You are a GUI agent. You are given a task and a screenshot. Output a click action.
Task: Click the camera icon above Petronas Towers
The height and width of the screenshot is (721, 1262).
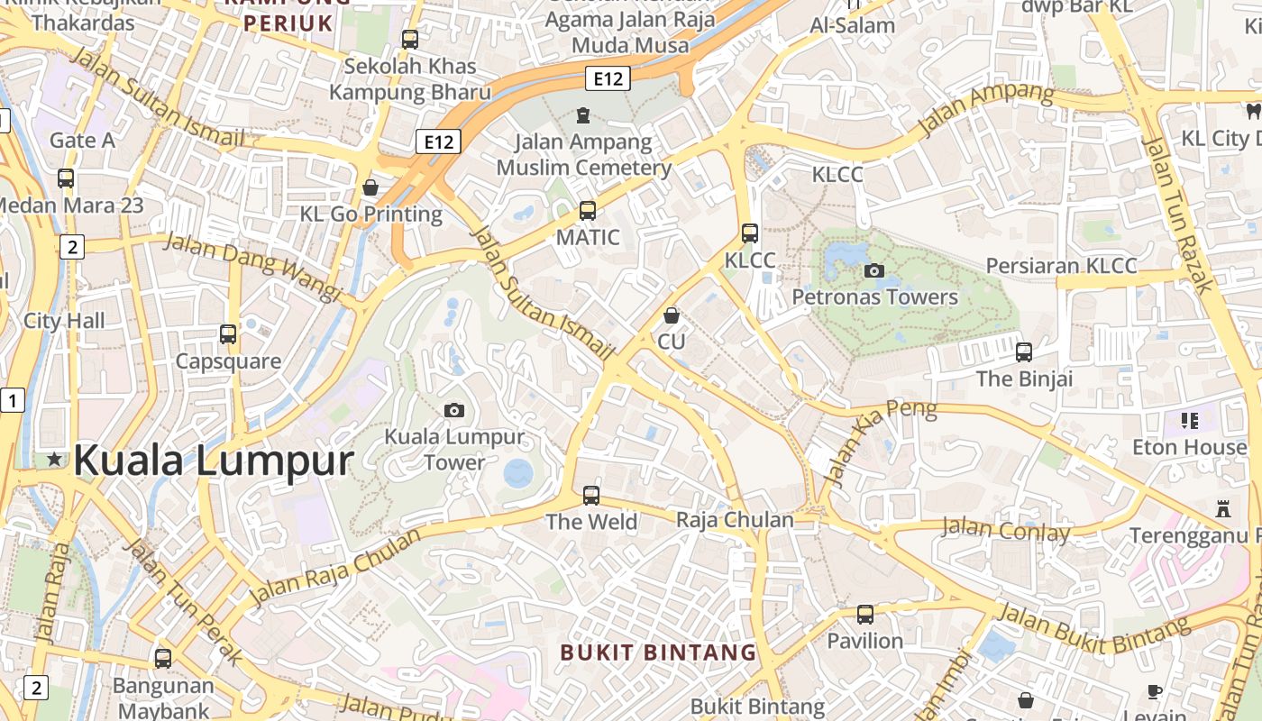[x=873, y=269]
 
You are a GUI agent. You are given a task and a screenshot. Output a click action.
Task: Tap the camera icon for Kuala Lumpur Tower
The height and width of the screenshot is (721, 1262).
[x=454, y=410]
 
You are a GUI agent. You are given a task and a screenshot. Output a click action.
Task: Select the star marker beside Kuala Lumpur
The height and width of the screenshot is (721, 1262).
[x=55, y=459]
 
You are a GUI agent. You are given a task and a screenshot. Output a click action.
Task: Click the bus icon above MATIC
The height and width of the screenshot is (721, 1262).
[x=588, y=211]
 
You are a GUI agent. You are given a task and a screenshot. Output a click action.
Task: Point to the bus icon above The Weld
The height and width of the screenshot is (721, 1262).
[x=591, y=495]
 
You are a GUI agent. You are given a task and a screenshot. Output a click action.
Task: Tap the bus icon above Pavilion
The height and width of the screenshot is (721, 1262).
[x=865, y=615]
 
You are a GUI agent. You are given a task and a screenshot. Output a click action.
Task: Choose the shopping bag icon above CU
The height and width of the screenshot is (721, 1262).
[x=671, y=315]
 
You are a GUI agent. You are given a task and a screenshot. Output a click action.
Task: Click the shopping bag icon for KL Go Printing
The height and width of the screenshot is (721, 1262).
[x=370, y=187]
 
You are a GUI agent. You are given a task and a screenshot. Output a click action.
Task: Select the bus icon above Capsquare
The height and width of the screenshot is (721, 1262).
[x=228, y=334]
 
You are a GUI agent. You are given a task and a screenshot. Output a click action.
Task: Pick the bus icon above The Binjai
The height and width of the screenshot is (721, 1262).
[x=1024, y=351]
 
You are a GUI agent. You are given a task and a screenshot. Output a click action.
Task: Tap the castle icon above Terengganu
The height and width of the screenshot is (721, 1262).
[x=1223, y=508]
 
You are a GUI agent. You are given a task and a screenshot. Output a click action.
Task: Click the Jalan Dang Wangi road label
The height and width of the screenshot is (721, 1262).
[x=252, y=268]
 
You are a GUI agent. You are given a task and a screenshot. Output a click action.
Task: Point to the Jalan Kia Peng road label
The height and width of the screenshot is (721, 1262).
[x=882, y=444]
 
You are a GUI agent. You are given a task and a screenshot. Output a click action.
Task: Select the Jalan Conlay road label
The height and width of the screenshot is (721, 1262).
[x=1005, y=530]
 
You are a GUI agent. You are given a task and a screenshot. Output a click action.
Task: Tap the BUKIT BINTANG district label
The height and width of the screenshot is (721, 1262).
[x=658, y=653]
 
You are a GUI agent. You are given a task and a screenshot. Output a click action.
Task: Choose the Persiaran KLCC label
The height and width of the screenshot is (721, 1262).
[x=1061, y=266]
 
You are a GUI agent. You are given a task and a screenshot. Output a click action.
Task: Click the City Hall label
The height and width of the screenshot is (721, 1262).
[x=64, y=321]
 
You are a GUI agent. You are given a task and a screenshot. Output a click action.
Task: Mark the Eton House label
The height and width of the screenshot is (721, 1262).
[x=1189, y=447]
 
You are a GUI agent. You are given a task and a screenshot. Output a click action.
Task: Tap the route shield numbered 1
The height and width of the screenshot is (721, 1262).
[x=12, y=400]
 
